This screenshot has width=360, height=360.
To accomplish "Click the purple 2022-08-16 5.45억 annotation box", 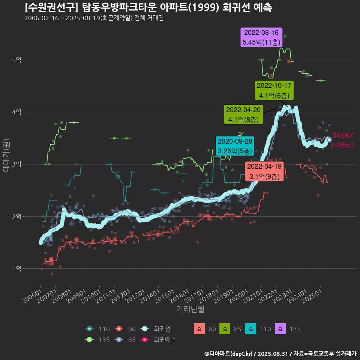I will tap(261, 37).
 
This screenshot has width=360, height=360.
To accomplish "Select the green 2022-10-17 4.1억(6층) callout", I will tap(274, 90).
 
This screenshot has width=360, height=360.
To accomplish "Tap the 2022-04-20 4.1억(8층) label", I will tap(243, 115).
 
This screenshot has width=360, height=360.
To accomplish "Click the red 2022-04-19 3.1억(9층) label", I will tap(264, 171).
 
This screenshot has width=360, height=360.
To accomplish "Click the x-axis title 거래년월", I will tap(190, 309).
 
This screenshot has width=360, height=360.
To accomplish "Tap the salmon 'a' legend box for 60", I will tap(199, 329).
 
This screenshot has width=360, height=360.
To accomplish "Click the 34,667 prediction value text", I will tap(343, 136).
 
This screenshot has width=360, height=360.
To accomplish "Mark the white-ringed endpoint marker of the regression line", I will tap(329, 140).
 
